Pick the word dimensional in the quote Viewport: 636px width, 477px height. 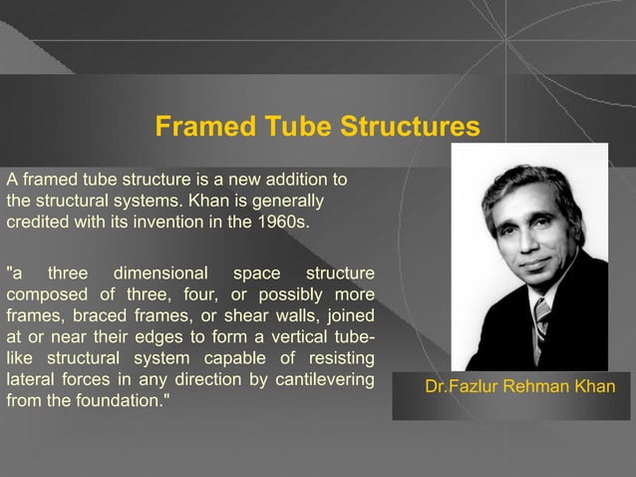pyautogui.click(x=161, y=272)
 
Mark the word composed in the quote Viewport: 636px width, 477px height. pyautogui.click(x=43, y=294)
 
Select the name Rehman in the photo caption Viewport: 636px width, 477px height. pyautogui.click(x=535, y=385)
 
